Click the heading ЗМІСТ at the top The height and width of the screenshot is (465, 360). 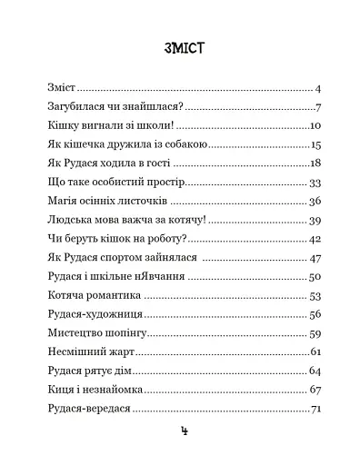pos(179,47)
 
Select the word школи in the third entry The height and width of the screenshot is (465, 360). pos(147,126)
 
